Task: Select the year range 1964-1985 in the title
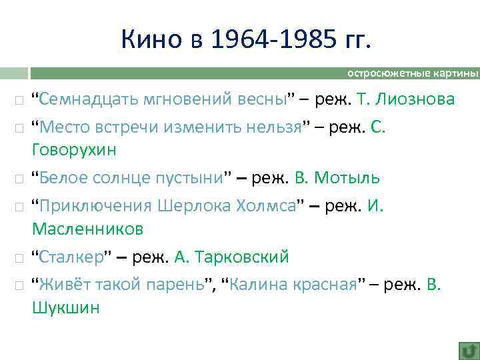click(273, 40)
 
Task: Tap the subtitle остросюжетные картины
click(413, 73)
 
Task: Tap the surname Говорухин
click(74, 151)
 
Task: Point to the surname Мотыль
click(347, 178)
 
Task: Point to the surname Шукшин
click(65, 307)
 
